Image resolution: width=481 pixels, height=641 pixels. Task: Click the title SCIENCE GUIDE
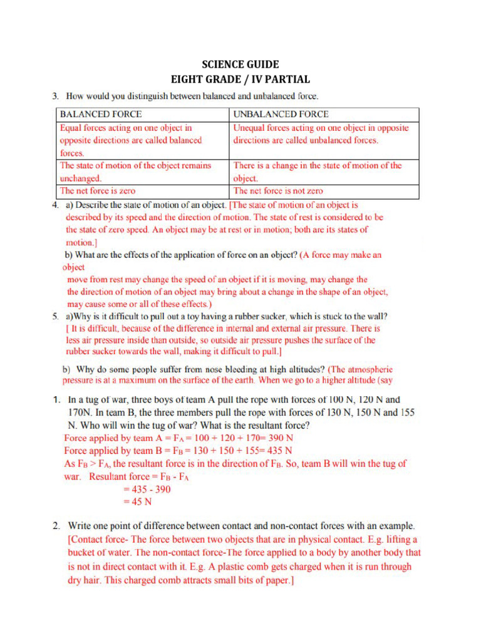click(240, 64)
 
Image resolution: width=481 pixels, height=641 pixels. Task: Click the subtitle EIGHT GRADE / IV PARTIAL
click(240, 79)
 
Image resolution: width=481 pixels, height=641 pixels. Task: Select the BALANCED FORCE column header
click(100, 115)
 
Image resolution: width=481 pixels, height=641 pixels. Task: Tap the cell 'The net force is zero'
click(97, 191)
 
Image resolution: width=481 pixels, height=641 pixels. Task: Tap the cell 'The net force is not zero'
click(278, 191)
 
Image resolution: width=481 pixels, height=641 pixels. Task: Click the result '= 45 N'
click(137, 501)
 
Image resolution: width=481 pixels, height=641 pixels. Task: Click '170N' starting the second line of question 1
click(81, 413)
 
